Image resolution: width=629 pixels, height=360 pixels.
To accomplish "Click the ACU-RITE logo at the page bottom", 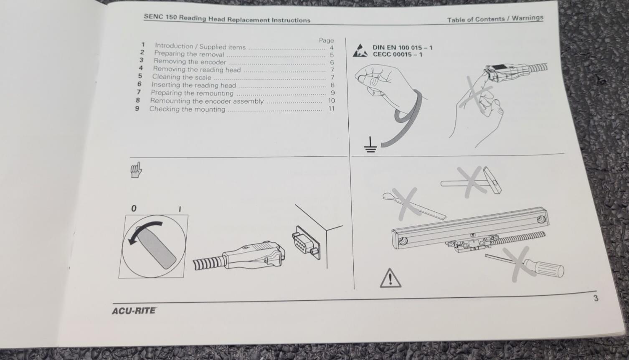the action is click(x=134, y=311).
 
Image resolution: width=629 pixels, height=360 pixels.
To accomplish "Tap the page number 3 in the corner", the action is click(x=596, y=298).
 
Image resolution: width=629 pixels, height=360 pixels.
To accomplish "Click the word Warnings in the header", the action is click(x=528, y=18).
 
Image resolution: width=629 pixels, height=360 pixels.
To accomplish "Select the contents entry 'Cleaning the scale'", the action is click(x=182, y=77).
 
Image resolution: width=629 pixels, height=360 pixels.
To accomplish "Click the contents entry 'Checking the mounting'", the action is click(x=187, y=109).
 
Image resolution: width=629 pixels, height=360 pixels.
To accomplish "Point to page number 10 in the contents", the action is click(x=331, y=101).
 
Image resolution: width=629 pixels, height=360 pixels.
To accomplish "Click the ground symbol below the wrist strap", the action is click(x=370, y=145).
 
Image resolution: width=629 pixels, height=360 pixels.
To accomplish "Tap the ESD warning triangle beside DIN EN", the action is click(x=360, y=51).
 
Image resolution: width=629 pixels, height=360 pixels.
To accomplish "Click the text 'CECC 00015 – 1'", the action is click(x=397, y=54).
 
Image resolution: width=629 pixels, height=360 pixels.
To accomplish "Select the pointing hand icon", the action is click(x=136, y=170).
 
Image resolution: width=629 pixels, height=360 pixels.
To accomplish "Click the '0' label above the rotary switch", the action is click(x=134, y=208).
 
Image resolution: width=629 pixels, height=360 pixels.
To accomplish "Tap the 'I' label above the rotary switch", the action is click(x=180, y=209).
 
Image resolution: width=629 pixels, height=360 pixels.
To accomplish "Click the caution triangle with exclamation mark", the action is click(x=391, y=278).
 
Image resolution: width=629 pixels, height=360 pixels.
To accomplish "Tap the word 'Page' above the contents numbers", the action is click(x=326, y=41).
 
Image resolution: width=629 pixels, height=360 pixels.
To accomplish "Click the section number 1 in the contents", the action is click(x=143, y=45).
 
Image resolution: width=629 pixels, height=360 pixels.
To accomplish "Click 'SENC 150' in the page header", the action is click(x=160, y=17).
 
